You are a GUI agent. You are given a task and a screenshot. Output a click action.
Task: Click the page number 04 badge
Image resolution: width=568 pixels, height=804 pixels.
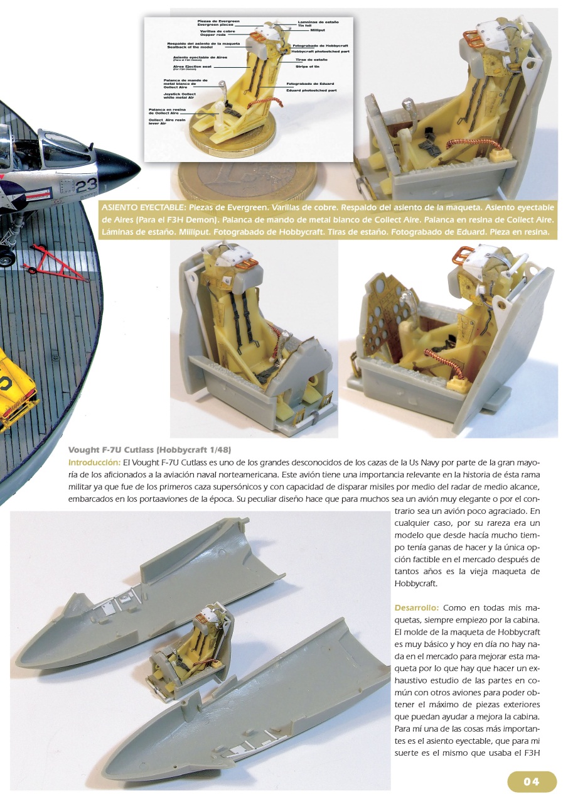[x=532, y=781]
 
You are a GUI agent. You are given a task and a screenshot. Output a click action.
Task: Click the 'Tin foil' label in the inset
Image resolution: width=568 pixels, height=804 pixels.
[x=305, y=25]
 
